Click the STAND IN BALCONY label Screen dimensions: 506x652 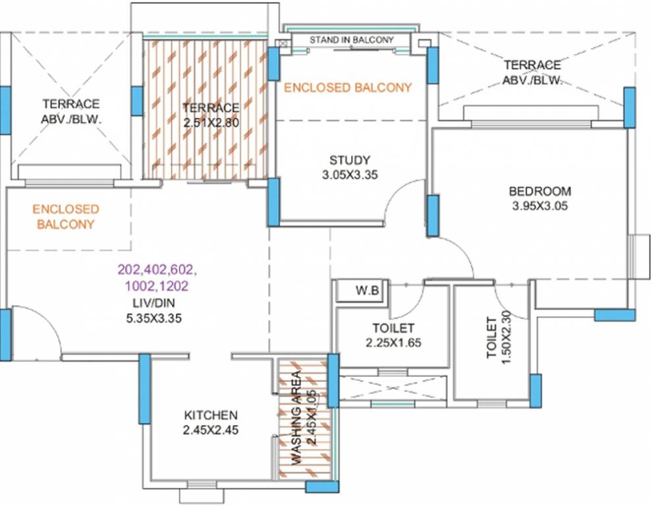(351, 40)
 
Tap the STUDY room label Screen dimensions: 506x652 (350, 160)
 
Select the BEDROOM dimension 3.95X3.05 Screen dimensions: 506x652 (540, 206)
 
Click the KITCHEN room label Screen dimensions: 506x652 (210, 416)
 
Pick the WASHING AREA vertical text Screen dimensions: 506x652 (297, 418)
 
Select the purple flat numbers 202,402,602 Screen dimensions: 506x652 (157, 269)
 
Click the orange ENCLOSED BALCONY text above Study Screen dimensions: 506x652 (347, 87)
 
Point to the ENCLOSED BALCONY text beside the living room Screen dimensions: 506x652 (66, 217)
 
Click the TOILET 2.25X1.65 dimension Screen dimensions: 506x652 (393, 343)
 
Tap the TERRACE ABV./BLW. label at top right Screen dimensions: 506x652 (532, 73)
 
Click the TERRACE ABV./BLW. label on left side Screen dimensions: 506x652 (70, 112)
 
